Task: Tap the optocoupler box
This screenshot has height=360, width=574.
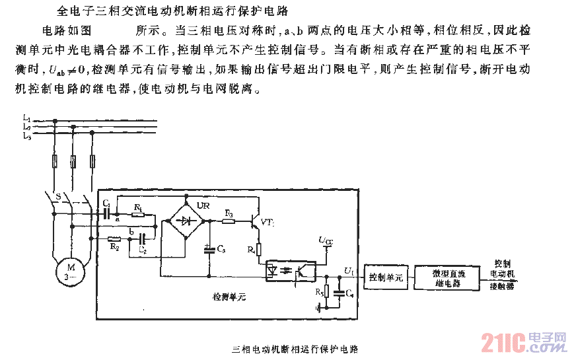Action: tap(290, 270)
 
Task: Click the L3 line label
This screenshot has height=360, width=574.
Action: tap(26, 135)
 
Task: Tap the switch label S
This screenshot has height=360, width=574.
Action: tap(58, 197)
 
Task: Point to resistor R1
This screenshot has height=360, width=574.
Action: tap(137, 215)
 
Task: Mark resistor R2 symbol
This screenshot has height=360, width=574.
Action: tap(114, 238)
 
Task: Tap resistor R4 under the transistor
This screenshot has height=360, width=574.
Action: tap(259, 250)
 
